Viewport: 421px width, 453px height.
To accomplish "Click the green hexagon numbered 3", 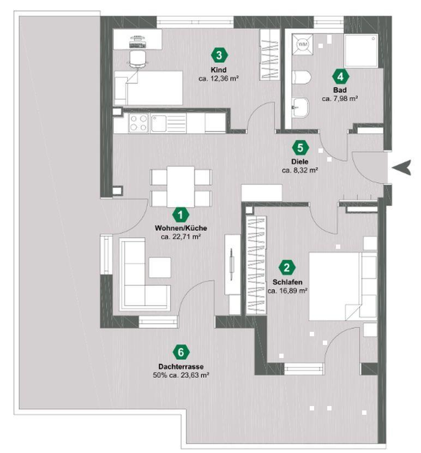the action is click(219, 55).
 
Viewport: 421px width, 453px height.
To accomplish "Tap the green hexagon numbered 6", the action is click(181, 352).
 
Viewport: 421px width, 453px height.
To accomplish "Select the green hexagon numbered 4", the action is click(340, 76).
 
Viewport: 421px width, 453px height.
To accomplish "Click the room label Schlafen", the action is click(287, 282).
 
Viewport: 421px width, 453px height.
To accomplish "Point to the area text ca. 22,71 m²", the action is click(181, 237).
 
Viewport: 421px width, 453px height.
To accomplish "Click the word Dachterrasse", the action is click(181, 366).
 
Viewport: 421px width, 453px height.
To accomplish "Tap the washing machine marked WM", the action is click(302, 44).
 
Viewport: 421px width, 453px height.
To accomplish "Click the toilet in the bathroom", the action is click(301, 77).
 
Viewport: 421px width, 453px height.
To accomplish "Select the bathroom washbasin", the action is click(300, 108).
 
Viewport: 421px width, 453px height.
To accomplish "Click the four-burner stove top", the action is click(139, 123).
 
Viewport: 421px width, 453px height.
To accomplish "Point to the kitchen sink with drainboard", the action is click(168, 123).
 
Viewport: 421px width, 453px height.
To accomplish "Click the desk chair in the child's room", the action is click(138, 59).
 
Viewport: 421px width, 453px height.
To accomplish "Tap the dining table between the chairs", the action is click(181, 187).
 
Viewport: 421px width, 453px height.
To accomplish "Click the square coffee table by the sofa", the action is click(160, 267).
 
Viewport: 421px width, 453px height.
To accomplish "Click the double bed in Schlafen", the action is click(343, 287).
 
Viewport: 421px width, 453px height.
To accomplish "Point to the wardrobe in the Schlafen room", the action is click(256, 265).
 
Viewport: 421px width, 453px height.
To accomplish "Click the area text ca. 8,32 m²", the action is click(300, 170).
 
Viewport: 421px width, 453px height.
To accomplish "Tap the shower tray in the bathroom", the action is click(361, 51).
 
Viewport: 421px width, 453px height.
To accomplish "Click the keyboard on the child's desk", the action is click(138, 45).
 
